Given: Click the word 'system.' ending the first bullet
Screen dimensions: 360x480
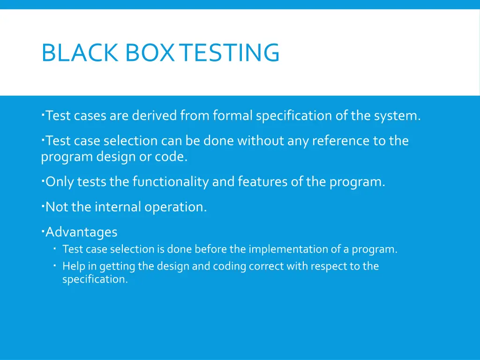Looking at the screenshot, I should [397, 115].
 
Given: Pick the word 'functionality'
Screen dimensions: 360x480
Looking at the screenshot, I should [171, 182].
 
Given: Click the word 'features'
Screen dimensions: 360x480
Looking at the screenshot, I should [262, 182].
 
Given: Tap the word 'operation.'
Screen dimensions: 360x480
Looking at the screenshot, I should [176, 207].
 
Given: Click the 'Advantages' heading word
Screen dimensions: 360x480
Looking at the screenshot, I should [82, 232].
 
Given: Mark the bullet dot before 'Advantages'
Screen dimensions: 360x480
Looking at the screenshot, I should [43, 230].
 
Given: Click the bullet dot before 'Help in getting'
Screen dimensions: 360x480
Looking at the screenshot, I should [55, 265].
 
